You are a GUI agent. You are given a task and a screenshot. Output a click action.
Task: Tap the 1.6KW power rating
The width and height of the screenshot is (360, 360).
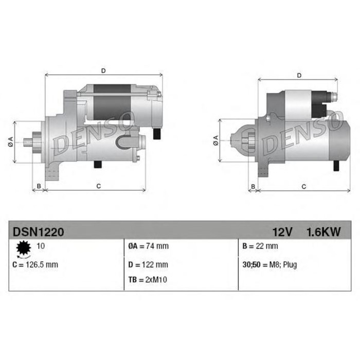coord(323,232)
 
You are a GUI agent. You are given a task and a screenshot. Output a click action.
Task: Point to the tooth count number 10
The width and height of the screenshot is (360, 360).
coord(41,246)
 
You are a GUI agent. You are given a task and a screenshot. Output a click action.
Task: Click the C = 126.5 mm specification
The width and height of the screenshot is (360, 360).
coord(34,265)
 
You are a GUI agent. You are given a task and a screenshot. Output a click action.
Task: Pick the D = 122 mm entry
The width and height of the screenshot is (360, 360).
coord(148,265)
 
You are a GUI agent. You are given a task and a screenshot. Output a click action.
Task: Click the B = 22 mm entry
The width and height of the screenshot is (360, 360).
coord(260,246)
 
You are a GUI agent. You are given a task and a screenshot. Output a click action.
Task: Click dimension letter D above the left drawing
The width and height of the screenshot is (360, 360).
coord(103,70)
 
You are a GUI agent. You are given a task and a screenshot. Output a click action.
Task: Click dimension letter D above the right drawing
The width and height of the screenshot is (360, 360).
coord(299,75)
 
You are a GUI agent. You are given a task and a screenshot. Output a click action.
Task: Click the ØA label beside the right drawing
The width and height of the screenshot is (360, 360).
coord(215,140)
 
